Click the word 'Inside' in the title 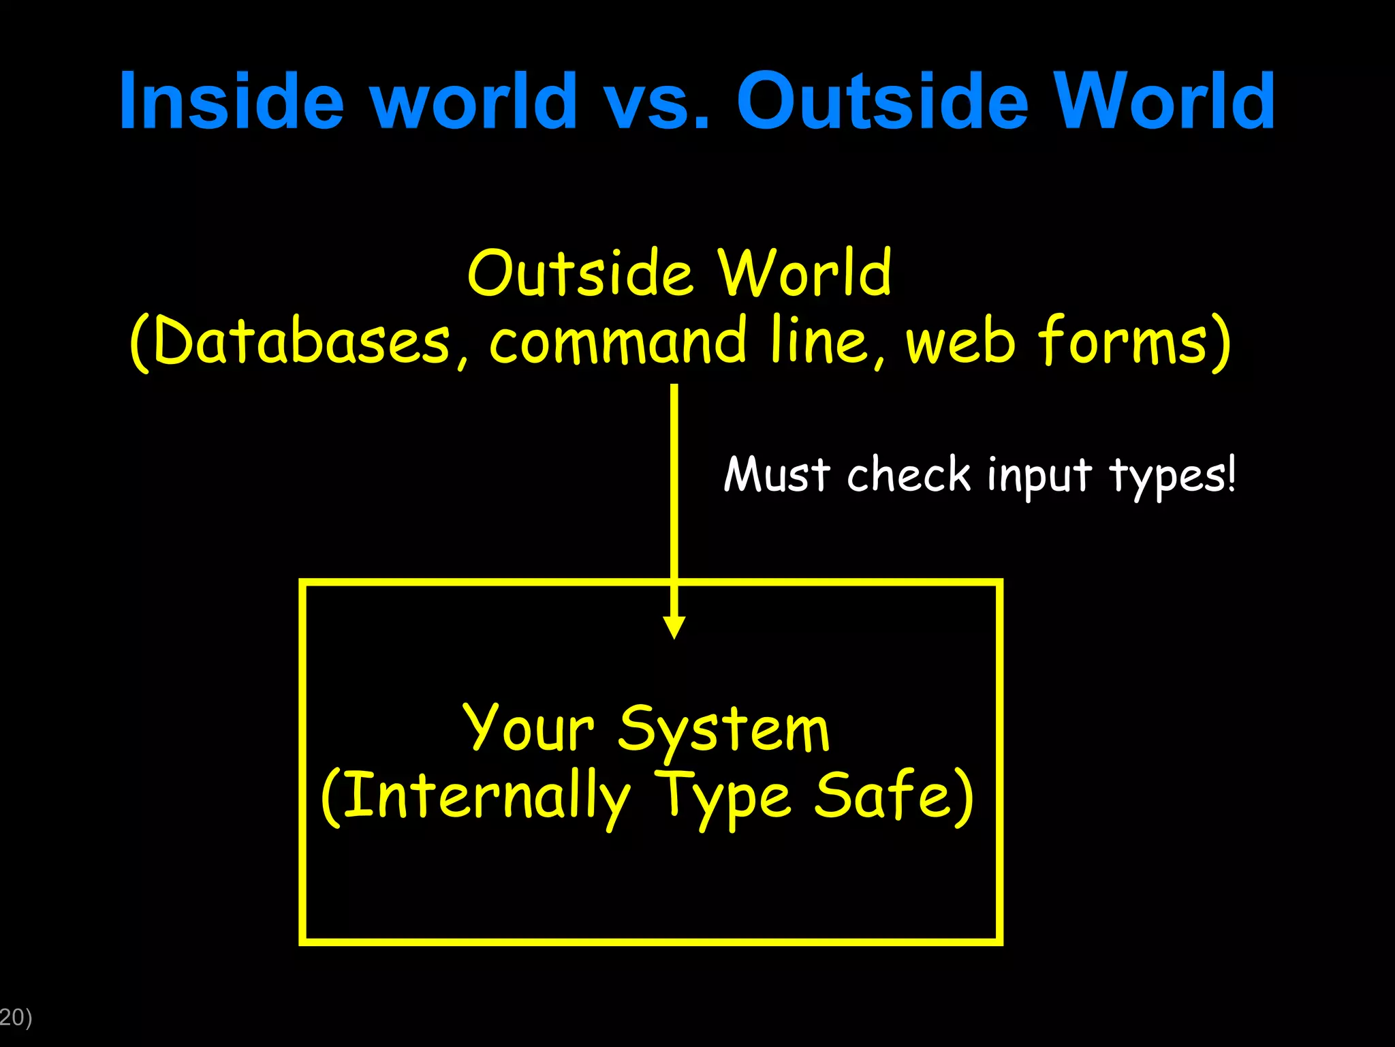point(232,102)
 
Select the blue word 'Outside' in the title point(882,102)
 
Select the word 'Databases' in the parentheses point(300,341)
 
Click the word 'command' point(617,341)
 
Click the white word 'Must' point(777,474)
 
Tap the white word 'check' point(909,474)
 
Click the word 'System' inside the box point(723,729)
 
